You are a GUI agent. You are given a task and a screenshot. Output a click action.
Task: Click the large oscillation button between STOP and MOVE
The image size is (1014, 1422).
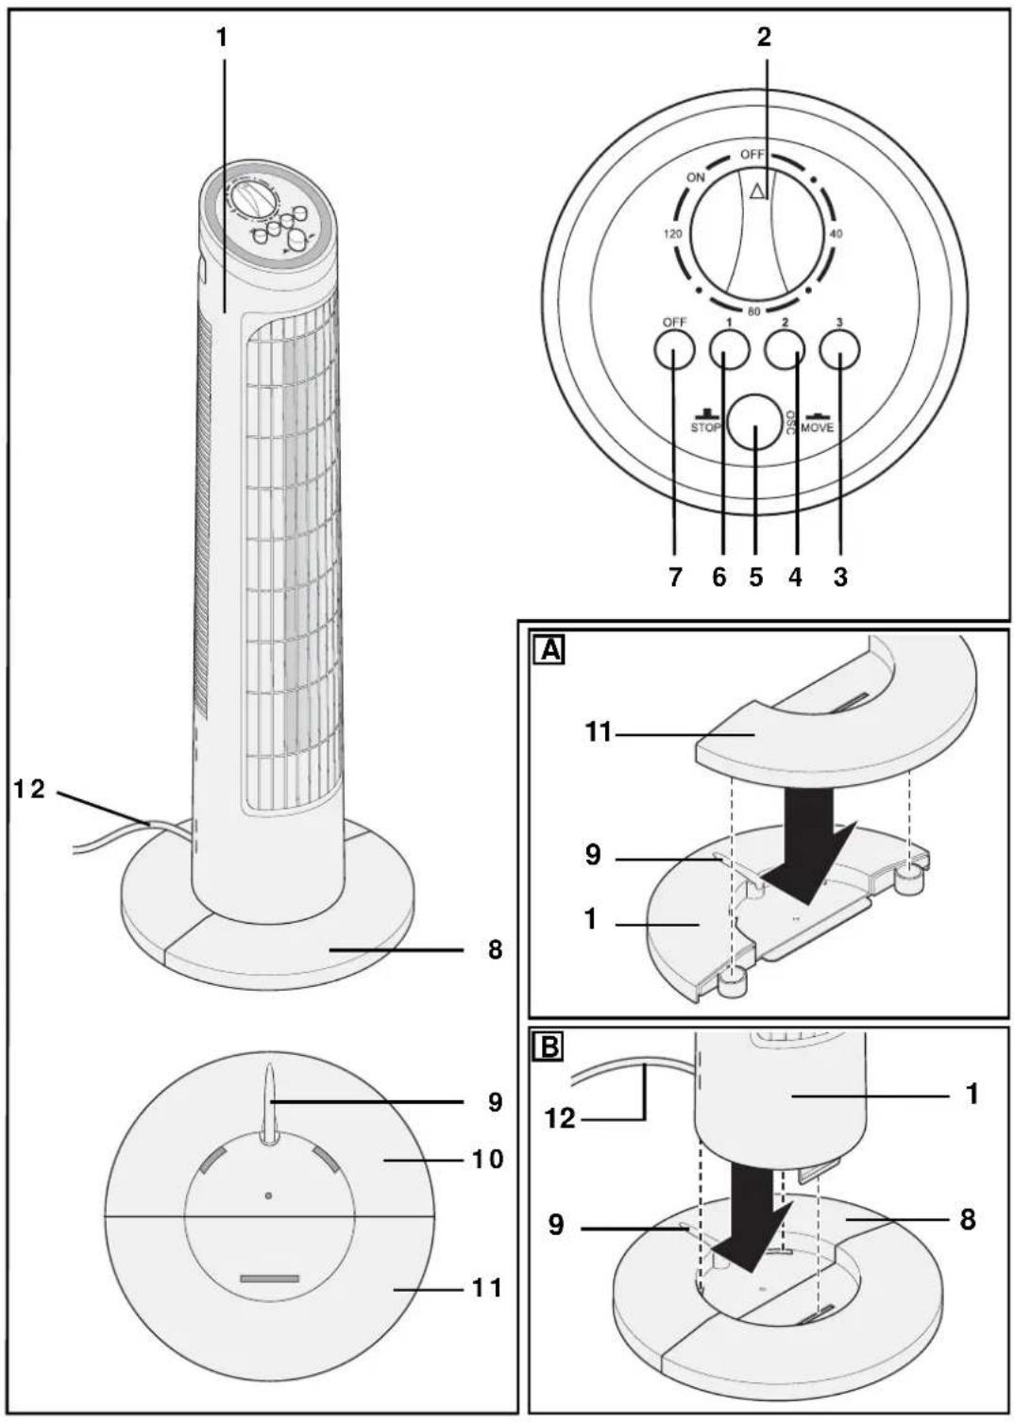754,423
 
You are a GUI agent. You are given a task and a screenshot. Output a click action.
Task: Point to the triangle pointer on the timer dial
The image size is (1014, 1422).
758,191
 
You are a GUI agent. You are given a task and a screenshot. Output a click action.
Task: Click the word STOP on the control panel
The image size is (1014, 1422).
706,427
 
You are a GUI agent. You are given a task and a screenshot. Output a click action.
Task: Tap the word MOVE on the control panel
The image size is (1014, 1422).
817,427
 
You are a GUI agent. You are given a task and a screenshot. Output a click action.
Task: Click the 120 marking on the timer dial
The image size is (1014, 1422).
672,234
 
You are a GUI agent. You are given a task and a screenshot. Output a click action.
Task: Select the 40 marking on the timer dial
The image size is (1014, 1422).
837,234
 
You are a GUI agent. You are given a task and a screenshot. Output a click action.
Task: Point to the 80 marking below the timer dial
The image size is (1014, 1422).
754,311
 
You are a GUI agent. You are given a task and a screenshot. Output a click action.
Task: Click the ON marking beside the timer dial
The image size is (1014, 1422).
696,177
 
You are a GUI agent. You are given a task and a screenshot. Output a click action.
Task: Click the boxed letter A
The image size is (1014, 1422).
550,651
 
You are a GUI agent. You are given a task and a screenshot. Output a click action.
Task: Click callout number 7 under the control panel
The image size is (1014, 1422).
675,577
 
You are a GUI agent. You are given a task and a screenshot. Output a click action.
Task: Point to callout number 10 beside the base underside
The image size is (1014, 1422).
487,1159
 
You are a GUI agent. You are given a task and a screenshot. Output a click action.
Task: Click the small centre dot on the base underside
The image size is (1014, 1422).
268,1196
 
